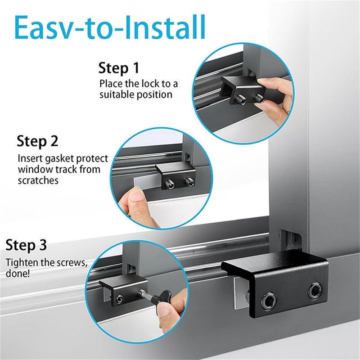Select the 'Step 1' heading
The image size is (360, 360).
click(119, 68)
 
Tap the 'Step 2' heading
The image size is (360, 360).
click(38, 141)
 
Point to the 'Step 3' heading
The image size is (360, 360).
click(26, 246)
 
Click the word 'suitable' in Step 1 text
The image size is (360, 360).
click(118, 94)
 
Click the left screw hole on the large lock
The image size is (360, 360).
click(270, 299)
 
